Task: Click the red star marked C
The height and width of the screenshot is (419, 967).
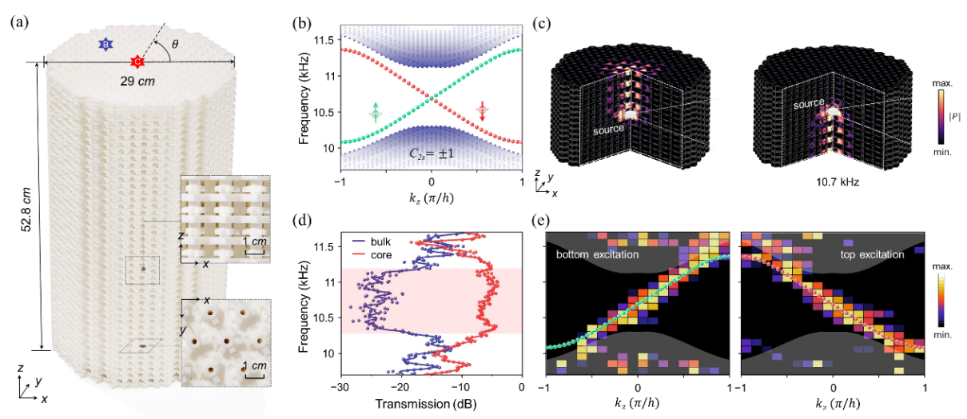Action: coord(137,62)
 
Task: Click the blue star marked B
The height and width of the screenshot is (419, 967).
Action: coord(105,45)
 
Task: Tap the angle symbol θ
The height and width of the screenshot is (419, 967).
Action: coord(175,46)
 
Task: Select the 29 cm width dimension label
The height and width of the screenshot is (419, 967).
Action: coord(137,82)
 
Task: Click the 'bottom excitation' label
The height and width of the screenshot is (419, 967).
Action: coord(597,255)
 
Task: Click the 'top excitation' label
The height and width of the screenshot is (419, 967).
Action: coord(872,255)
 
